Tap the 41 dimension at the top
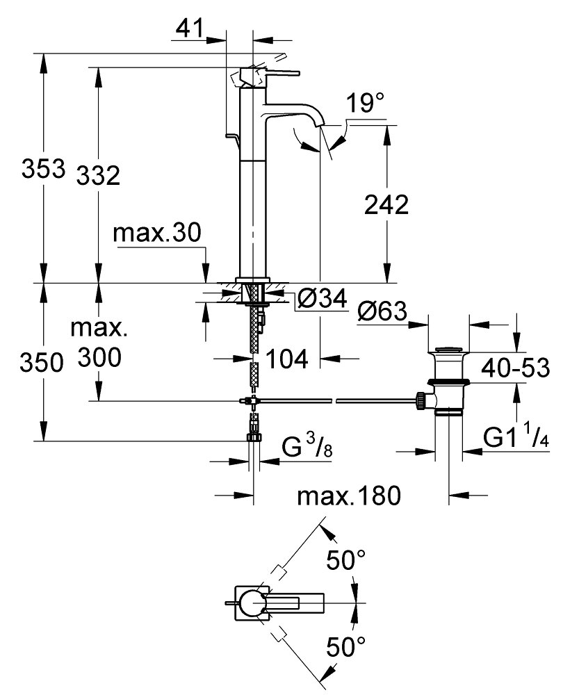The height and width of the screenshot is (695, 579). click(x=188, y=29)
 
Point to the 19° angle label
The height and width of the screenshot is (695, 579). click(x=366, y=104)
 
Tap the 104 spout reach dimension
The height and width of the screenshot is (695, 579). click(x=287, y=359)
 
